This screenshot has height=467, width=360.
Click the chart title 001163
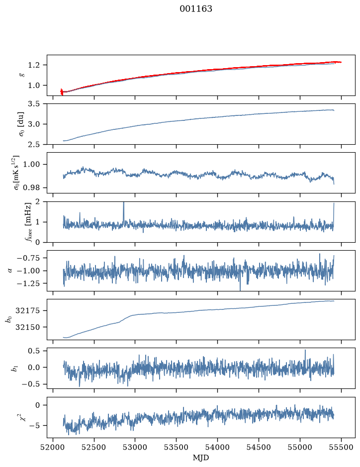pos(196,9)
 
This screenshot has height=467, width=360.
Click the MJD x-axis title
pos(201,458)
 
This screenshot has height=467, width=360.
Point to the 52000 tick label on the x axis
pos(53,447)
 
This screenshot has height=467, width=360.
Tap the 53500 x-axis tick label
pos(177,447)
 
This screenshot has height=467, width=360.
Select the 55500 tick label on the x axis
pos(341,447)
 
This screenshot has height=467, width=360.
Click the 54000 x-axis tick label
pos(217,447)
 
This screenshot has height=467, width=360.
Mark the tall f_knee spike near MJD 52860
pos(124,212)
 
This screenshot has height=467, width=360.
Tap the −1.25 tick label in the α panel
pos(32,283)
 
